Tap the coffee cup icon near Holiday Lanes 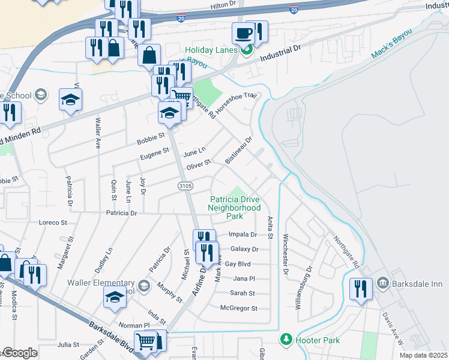coord(244,34)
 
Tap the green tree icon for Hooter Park coord(286,340)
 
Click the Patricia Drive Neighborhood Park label coord(234,208)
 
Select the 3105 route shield coord(185,187)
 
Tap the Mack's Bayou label coord(391,43)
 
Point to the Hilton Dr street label coord(223,5)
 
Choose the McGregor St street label coord(239,308)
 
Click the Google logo coord(20,353)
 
